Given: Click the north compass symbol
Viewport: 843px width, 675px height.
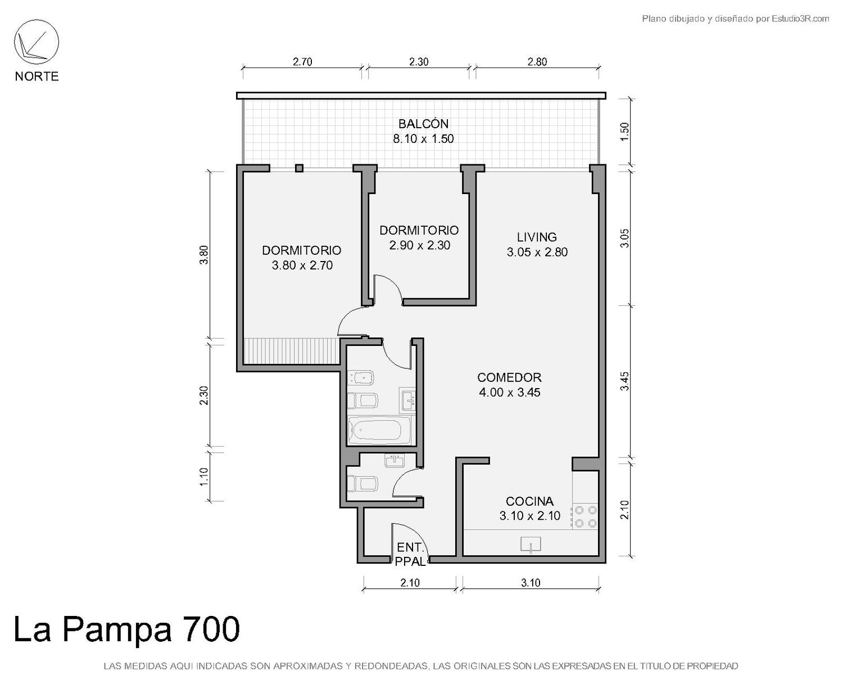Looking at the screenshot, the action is coord(37,42).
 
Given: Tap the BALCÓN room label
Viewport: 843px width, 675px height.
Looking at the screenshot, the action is coord(423,124).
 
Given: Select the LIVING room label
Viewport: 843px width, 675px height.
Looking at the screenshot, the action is coord(537,237).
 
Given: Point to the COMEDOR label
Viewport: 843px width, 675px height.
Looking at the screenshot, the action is coord(509,377).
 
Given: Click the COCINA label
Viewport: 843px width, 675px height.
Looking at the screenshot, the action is coord(529,501).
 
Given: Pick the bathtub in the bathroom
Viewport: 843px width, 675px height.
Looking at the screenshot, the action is coord(379,430).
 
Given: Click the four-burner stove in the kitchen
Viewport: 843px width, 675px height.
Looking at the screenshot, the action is coord(585,516).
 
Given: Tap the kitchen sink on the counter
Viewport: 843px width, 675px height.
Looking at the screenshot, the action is coord(531,545).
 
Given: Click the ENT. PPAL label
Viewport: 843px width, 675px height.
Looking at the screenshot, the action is coord(410,554).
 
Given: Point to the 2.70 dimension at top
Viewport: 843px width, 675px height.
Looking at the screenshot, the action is coord(302,62).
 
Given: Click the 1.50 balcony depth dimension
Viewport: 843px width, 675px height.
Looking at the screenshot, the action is coord(625,132).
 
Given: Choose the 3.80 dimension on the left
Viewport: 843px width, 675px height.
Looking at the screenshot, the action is coord(203,255).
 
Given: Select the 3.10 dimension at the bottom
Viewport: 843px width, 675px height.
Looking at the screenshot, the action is coord(531,583).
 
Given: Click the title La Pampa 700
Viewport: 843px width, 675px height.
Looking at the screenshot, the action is coord(126,629).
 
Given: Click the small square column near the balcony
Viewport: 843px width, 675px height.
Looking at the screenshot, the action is coord(300,168).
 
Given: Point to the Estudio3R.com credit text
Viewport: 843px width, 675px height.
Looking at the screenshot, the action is coord(800,19).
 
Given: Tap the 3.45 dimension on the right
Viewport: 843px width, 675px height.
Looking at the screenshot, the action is coord(625,381).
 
